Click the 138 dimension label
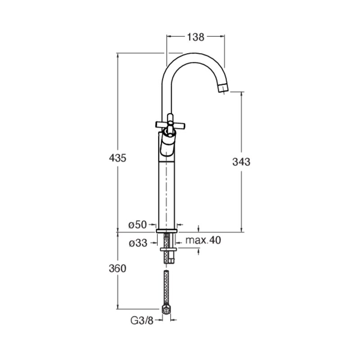[195, 37]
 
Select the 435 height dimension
[117, 158]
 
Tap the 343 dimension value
[241, 162]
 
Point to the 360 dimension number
[117, 268]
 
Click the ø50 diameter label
[138, 225]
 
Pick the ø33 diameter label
[138, 243]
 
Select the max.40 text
[203, 240]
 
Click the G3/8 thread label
[142, 320]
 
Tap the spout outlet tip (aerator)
[223, 89]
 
